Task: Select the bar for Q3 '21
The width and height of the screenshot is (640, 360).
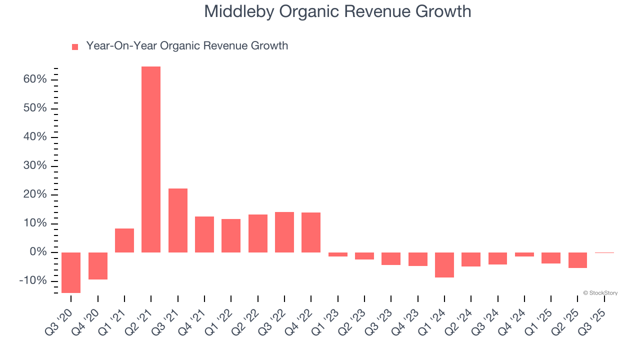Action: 177,220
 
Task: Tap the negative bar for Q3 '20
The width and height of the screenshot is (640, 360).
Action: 71,272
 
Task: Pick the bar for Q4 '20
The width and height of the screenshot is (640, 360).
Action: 97,265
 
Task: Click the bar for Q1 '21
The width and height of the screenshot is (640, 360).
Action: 124,240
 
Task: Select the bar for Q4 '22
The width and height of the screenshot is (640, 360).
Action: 311,232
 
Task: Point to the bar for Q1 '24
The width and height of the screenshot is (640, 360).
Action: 444,264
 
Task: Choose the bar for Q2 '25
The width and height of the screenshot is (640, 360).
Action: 577,260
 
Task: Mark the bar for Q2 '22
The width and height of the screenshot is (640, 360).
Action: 257,233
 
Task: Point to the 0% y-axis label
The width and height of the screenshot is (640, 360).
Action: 38,252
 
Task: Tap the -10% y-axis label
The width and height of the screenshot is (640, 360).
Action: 33,280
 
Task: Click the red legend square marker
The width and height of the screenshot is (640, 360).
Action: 75,46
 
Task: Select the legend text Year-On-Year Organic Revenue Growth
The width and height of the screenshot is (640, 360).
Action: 187,46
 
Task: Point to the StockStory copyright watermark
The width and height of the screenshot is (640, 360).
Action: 600,293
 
